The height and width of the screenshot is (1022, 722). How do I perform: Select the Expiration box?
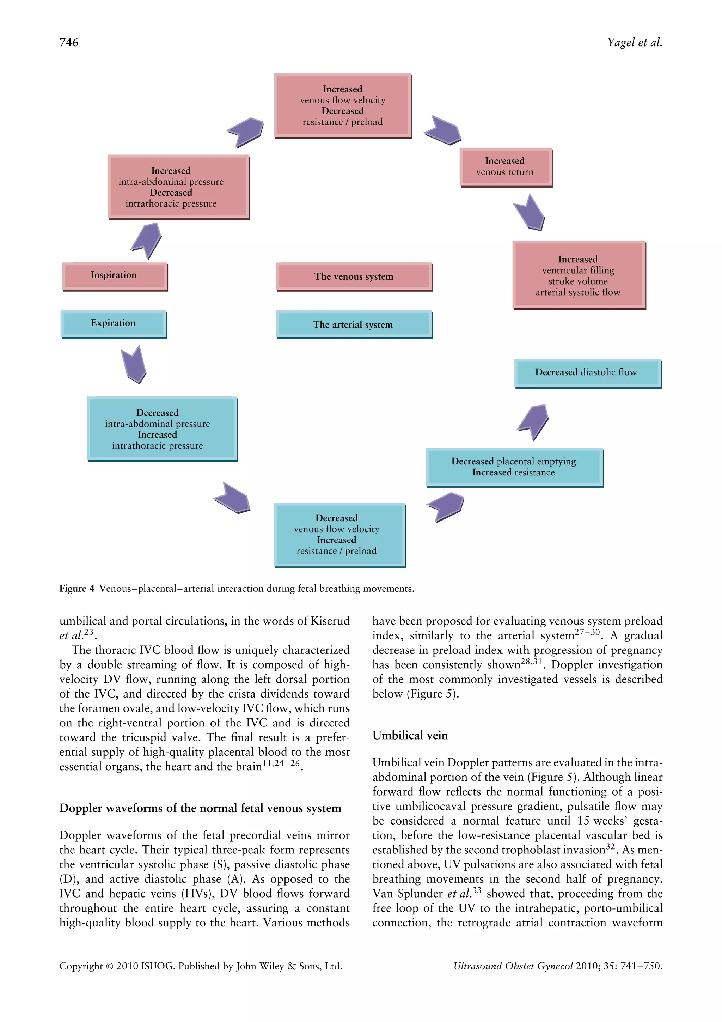[114, 324]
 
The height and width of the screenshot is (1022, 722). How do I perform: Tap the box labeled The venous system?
[354, 276]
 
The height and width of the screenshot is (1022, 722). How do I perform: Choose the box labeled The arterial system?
[354, 324]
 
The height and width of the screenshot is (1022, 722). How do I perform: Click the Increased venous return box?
[505, 167]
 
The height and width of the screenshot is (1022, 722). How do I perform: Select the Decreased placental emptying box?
[514, 467]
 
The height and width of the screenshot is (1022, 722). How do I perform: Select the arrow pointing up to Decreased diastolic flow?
[534, 421]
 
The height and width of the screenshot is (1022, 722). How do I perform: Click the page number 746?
[69, 42]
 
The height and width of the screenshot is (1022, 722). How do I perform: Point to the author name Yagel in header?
[621, 42]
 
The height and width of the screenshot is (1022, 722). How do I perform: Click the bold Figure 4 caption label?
[77, 589]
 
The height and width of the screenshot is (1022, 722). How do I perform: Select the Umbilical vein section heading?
[410, 735]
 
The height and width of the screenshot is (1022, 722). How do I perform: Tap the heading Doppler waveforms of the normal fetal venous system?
[200, 808]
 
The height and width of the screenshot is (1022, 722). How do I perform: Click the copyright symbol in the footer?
[109, 966]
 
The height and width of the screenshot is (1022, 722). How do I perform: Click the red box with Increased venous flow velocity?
[343, 105]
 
